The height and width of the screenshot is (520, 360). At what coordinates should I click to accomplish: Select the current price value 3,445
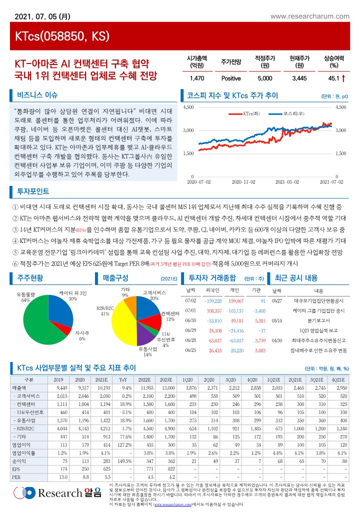[x=298, y=78]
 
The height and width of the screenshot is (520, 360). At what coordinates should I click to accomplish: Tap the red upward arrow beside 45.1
[x=343, y=78]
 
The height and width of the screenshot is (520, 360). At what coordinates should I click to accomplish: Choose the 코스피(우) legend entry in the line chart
[x=290, y=113]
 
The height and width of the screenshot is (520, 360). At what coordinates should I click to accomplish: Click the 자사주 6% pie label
[x=82, y=335]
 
